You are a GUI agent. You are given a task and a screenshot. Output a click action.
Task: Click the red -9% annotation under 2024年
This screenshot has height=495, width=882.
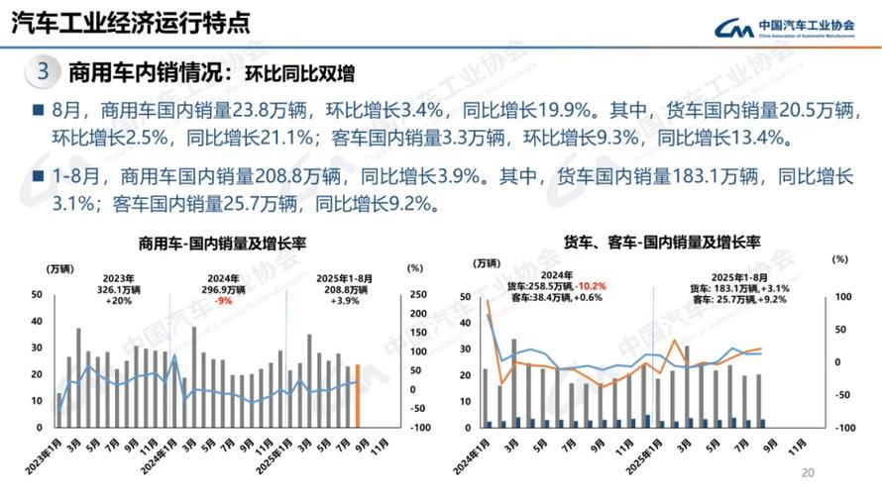(x=225, y=300)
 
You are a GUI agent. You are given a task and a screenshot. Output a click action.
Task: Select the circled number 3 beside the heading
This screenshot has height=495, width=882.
(x=43, y=72)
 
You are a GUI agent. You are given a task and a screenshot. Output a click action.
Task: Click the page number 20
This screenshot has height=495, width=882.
(x=807, y=472)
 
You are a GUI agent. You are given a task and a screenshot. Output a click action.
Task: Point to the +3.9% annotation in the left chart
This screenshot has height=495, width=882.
(x=343, y=300)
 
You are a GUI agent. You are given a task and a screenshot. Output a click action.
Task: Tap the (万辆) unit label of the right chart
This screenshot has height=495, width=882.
(x=487, y=262)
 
